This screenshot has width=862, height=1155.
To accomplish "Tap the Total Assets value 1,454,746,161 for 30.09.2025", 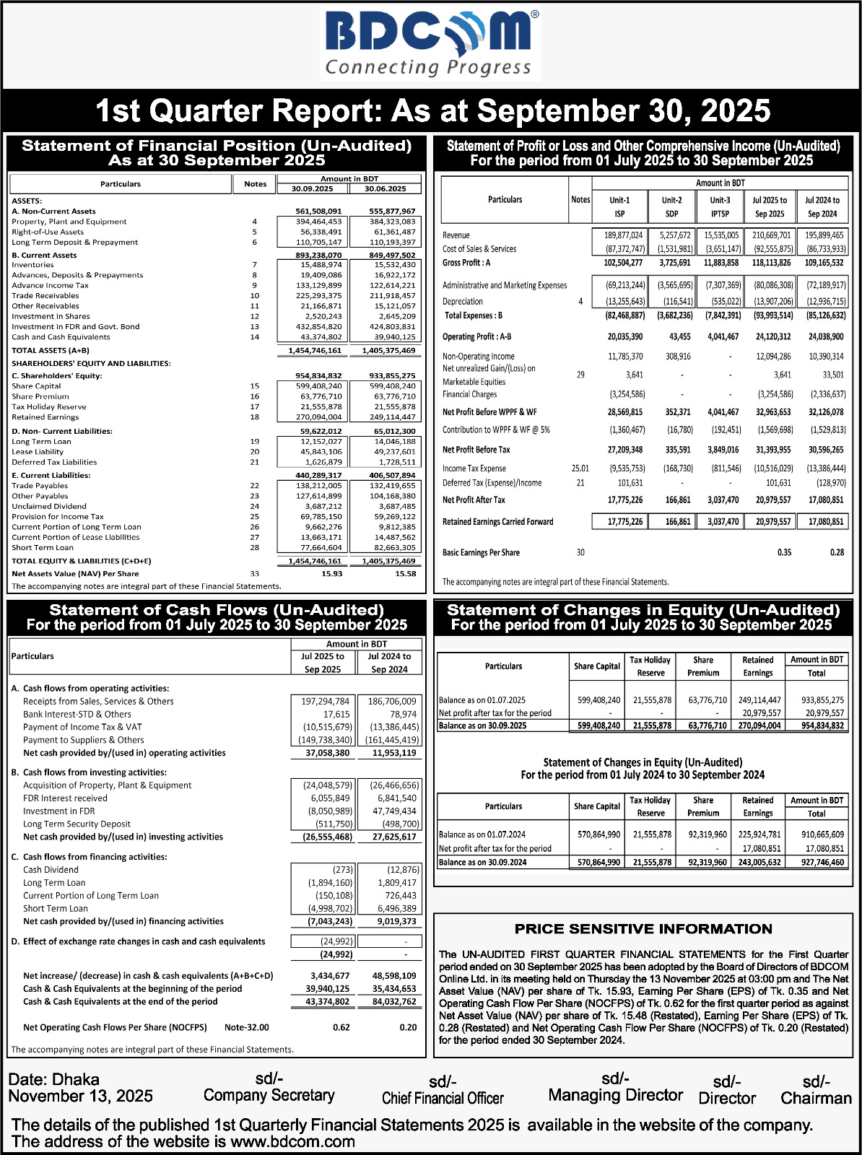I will point(314,350).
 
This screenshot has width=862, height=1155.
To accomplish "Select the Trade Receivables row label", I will point(45,295).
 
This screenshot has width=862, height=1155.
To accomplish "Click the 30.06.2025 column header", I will point(384,189).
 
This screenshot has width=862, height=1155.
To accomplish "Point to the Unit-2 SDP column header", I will point(671,206).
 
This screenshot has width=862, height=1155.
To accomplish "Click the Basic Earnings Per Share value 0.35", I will point(784,552).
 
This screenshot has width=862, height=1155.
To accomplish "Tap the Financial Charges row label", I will point(469,394).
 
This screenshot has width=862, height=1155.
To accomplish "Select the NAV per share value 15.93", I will point(331,574).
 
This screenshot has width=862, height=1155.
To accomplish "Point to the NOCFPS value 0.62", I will point(341,1027).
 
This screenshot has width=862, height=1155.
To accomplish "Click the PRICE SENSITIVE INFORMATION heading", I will point(643,929).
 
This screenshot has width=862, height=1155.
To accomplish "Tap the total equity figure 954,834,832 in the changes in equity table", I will point(817,725).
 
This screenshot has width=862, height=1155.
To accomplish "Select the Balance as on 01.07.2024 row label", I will point(482,834).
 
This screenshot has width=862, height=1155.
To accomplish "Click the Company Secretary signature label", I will point(269,1095).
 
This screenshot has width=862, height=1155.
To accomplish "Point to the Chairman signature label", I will point(816,1098).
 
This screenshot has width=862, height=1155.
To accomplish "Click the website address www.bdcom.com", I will point(292,1142).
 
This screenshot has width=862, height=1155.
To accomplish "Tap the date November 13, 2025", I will point(81,1096).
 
